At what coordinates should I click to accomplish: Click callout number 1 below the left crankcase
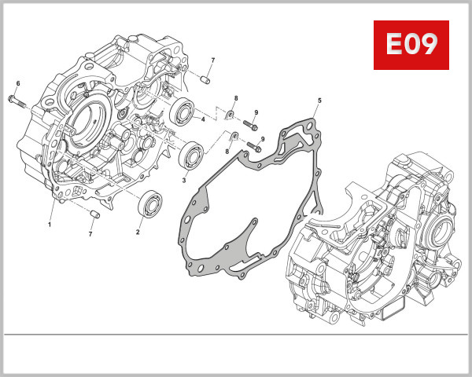pos(49,224)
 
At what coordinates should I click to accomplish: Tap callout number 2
pos(138,232)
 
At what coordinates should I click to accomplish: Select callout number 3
pos(184,180)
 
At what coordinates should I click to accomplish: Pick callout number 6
pos(18,83)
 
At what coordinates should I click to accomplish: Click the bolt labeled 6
pos(18,100)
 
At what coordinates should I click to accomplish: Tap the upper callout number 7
pos(212,60)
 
